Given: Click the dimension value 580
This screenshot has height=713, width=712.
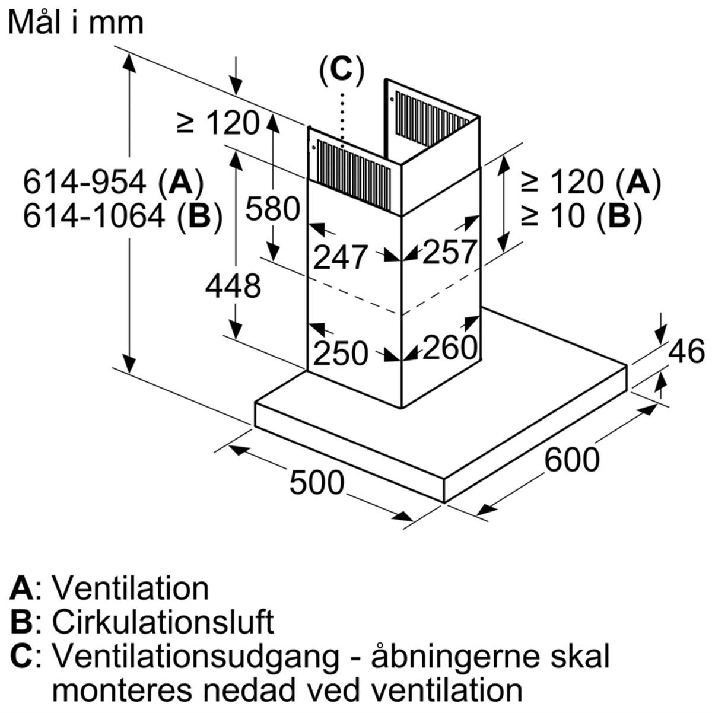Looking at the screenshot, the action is click(272, 209).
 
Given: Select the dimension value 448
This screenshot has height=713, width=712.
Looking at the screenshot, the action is click(233, 286).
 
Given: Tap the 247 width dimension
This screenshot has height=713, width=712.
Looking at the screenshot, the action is click(340, 257).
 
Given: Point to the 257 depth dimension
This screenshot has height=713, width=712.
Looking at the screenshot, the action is click(449, 252).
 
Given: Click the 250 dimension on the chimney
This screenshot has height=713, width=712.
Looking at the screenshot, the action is click(341, 354).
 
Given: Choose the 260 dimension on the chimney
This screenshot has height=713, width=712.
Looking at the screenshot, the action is click(449, 347).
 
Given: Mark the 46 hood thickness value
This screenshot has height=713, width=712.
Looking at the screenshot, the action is click(686, 351).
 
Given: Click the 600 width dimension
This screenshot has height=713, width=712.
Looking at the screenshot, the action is click(571, 459).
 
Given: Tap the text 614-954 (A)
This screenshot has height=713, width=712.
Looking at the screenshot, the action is click(113, 183).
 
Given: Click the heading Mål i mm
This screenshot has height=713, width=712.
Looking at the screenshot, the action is click(76, 23).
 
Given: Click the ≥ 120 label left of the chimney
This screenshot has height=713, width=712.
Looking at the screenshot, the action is click(218, 123).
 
